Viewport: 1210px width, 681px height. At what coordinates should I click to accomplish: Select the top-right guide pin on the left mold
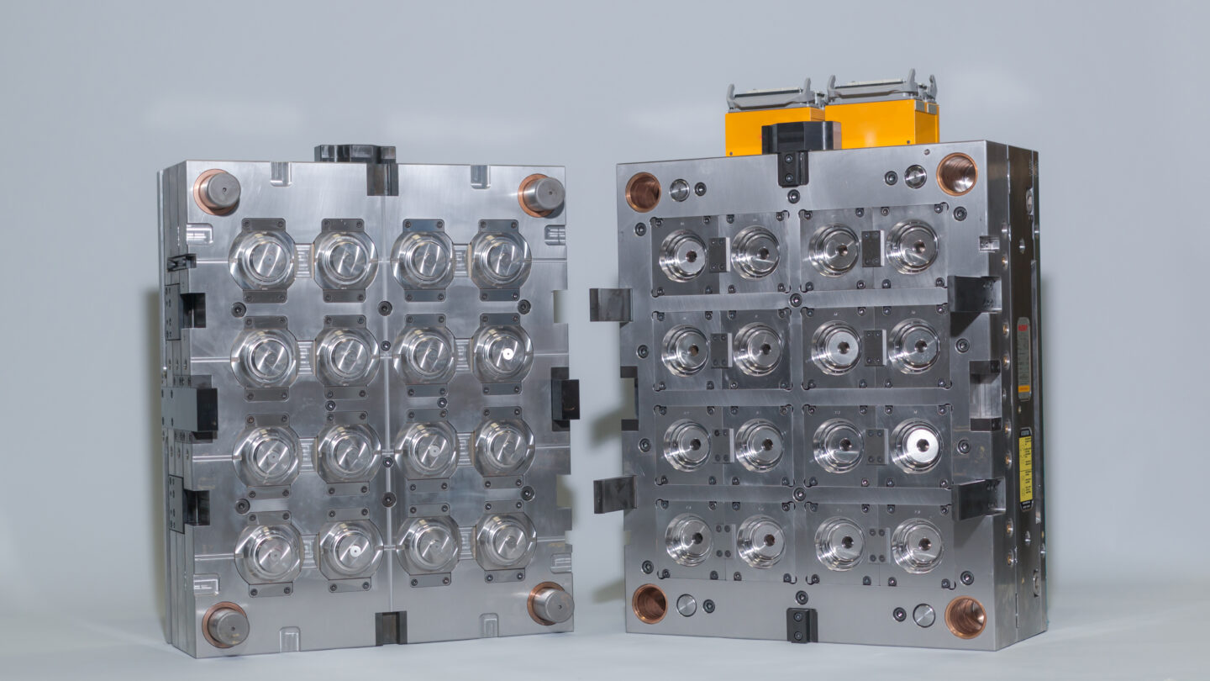click(x=541, y=194)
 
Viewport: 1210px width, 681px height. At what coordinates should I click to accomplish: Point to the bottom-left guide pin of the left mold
click(x=226, y=625)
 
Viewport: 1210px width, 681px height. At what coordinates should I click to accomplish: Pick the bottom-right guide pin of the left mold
click(x=550, y=603)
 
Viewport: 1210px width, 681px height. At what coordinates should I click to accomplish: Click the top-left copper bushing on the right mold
click(x=643, y=192)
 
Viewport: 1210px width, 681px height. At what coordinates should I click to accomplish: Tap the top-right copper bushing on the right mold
click(x=956, y=174)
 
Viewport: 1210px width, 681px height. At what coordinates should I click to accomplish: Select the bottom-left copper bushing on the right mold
click(x=650, y=603)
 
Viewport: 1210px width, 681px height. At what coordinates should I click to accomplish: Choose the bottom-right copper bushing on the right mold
click(x=965, y=617)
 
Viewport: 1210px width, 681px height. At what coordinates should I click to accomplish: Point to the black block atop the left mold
click(x=356, y=155)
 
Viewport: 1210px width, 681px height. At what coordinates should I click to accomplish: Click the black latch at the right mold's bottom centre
click(x=801, y=624)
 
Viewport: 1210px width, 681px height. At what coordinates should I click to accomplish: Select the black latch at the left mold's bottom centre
click(x=391, y=626)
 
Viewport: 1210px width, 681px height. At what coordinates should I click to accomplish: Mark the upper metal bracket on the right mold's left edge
click(x=610, y=304)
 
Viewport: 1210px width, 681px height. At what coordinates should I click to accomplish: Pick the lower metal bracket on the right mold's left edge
click(x=614, y=494)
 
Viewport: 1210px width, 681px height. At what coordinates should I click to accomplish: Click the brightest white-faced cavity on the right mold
click(x=916, y=445)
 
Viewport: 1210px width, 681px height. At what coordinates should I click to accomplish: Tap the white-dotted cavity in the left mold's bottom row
click(x=351, y=548)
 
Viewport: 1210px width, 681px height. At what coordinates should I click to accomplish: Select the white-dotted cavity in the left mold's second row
click(x=502, y=353)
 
